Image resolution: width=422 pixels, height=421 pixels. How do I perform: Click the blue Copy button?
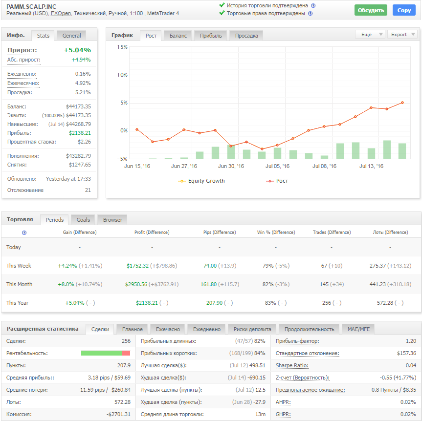click(x=404, y=10)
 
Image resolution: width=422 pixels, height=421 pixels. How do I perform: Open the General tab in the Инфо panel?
click(x=71, y=36)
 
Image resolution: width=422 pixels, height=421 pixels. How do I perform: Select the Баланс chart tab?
click(x=178, y=36)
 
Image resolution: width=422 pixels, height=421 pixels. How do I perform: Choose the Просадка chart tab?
click(x=246, y=36)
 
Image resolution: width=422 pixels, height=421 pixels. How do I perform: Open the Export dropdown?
click(x=402, y=34)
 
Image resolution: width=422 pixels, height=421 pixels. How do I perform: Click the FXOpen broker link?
click(x=61, y=14)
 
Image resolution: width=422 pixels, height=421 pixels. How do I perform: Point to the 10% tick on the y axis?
click(x=122, y=75)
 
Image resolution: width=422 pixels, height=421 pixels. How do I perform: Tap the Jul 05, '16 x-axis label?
click(x=277, y=166)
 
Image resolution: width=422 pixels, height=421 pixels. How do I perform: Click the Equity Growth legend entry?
click(x=201, y=181)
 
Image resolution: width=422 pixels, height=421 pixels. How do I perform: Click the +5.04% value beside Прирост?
click(x=77, y=50)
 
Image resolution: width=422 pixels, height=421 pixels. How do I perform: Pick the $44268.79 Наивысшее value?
click(x=78, y=124)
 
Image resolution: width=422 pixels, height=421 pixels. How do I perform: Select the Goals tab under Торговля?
click(x=83, y=220)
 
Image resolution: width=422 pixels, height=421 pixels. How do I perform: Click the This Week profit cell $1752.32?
click(x=137, y=266)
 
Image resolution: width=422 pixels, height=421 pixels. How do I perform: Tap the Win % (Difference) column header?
click(x=276, y=232)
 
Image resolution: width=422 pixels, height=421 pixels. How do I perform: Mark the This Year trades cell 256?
click(x=327, y=303)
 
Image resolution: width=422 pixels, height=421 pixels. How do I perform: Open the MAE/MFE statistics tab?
click(x=358, y=329)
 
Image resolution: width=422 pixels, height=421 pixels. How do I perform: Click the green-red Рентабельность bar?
click(x=106, y=353)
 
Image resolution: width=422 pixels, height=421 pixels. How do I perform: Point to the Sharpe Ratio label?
click(x=292, y=365)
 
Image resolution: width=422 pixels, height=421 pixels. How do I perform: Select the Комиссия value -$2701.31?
click(x=118, y=414)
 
